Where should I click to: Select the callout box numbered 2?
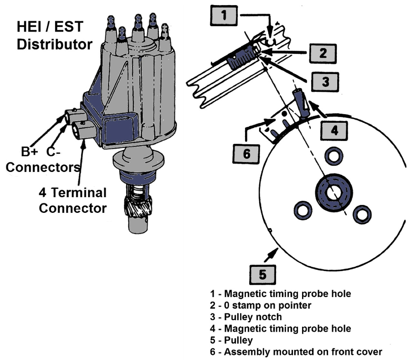click(x=323, y=53)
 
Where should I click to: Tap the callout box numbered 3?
click(x=325, y=82)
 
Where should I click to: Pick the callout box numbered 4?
click(x=334, y=130)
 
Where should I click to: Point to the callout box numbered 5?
click(x=263, y=275)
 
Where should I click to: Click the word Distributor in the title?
click(x=55, y=44)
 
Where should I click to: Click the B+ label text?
click(x=29, y=151)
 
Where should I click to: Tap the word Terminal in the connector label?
click(x=79, y=193)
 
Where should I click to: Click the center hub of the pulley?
click(x=334, y=193)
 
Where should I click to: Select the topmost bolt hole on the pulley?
click(x=334, y=156)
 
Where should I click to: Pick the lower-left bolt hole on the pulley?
click(x=303, y=211)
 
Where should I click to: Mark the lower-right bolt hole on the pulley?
click(x=362, y=214)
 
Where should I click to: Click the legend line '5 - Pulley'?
click(x=231, y=340)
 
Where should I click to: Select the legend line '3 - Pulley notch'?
click(x=246, y=317)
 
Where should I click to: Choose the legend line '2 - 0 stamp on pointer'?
click(x=261, y=305)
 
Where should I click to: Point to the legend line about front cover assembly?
click(x=296, y=352)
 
